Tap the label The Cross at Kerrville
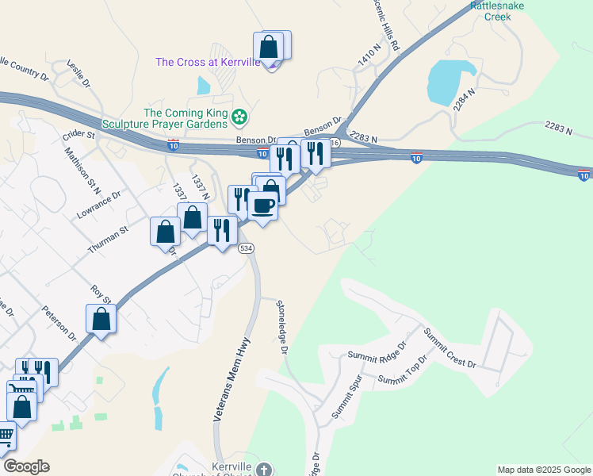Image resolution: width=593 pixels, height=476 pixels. click(208, 62)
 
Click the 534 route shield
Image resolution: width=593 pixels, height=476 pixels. click(247, 248)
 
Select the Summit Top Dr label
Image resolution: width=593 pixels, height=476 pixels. click(403, 370)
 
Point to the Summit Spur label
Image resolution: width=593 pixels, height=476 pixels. click(346, 402)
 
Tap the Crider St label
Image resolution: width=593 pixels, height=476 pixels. click(79, 136)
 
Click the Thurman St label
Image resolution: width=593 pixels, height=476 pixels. click(107, 240)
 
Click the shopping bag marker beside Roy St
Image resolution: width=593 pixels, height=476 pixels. click(101, 319)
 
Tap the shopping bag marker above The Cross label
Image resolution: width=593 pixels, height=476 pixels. click(270, 46)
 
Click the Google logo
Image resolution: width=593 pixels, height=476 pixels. click(26, 466)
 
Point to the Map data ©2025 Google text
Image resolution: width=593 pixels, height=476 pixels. click(543, 470)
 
